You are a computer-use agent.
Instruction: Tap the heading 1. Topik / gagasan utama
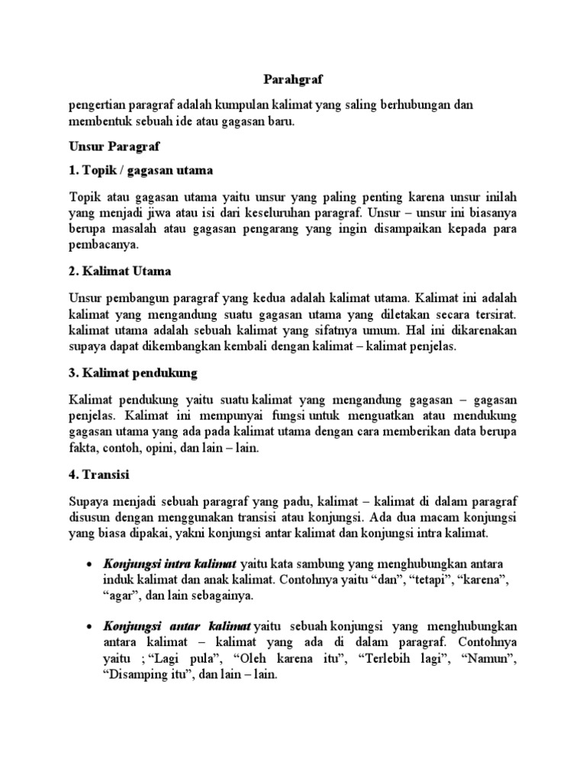[x=140, y=169]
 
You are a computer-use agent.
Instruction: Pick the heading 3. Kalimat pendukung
[x=133, y=373]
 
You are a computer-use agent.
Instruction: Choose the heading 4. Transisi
[x=98, y=474]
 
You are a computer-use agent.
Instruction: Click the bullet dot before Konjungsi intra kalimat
[x=90, y=564]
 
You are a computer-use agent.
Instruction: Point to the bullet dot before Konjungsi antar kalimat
[x=90, y=625]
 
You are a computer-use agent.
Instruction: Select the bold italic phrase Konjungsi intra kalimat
[x=170, y=563]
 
